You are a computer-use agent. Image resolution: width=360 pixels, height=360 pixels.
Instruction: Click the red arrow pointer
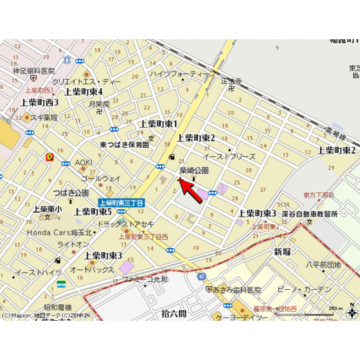click(191, 190)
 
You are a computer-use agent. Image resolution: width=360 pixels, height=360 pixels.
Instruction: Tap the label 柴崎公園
click(194, 170)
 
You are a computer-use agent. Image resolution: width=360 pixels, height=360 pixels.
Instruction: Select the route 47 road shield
click(202, 276)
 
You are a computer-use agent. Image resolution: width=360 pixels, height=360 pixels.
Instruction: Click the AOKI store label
click(84, 163)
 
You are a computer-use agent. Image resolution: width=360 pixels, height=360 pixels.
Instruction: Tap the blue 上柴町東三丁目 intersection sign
click(121, 203)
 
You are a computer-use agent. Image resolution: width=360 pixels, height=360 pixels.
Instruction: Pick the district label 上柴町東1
click(159, 123)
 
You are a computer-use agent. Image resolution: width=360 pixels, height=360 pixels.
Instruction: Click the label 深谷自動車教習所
click(312, 214)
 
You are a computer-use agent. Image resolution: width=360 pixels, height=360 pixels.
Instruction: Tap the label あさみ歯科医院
click(237, 291)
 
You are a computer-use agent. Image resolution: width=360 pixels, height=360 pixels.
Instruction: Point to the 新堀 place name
click(282, 251)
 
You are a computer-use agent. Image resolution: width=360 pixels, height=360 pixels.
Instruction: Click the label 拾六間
click(174, 313)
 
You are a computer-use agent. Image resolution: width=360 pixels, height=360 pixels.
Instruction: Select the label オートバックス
click(92, 269)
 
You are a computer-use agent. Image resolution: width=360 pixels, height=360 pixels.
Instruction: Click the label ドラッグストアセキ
click(125, 224)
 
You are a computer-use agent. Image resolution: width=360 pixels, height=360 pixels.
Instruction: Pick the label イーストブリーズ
click(229, 156)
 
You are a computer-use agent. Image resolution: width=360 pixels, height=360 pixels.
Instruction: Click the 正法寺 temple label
click(231, 82)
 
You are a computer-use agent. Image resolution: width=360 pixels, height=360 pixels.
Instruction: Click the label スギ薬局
click(44, 118)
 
